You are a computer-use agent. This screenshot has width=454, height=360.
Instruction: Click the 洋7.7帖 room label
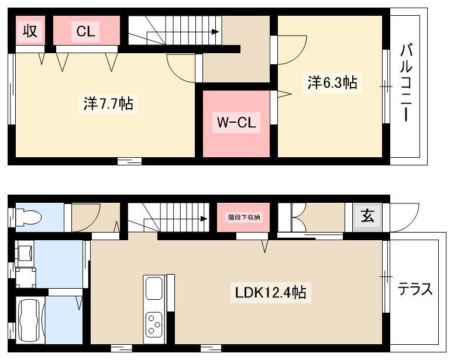pos(108,103)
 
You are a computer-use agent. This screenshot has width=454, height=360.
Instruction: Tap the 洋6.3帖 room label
pos(332,82)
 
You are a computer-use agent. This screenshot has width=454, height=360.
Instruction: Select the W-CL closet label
pos(236,122)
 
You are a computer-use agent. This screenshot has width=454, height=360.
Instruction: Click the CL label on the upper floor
pos(85,31)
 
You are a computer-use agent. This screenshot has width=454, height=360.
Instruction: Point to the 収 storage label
pos(30,30)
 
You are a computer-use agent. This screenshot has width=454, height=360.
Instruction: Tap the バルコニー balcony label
pos(406,82)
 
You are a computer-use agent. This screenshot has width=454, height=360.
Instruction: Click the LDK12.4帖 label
pos(270,292)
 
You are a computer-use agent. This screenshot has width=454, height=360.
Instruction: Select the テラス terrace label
pos(415,289)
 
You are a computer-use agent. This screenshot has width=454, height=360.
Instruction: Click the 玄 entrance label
pos(367,216)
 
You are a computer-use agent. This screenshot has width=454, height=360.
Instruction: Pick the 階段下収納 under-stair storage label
pos(244,217)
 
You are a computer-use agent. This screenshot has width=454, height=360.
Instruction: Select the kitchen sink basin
pos(154,288)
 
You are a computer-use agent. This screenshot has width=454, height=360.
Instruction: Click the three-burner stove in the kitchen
pos(154,324)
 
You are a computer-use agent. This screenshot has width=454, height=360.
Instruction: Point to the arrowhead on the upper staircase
pos(215,32)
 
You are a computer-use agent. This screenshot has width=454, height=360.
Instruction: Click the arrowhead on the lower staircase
pos(204,219)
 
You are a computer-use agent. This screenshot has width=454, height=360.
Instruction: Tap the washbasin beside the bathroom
pos(25,254)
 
